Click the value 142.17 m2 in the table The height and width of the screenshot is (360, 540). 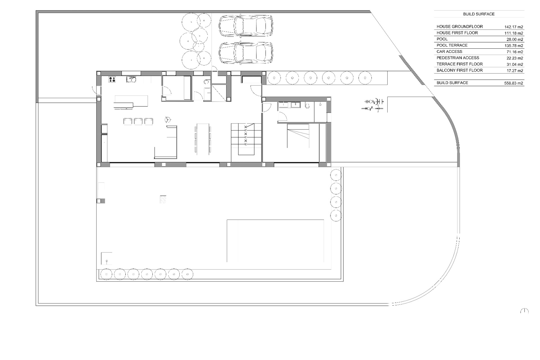[514, 27]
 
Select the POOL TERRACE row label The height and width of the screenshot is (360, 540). [452, 45]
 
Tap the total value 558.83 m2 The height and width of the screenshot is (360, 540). [514, 83]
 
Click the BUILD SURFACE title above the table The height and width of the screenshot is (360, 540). [479, 14]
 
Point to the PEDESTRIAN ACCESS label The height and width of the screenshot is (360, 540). [458, 58]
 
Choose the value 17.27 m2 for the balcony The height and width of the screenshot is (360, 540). [515, 71]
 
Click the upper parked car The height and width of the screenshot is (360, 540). [246, 26]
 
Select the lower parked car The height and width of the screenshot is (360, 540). [246, 53]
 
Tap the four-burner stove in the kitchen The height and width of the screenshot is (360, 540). [112, 79]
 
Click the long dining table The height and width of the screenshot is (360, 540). [202, 139]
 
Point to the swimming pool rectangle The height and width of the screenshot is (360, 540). [275, 241]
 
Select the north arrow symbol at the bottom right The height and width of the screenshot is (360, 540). [524, 311]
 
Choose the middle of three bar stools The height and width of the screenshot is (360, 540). [138, 121]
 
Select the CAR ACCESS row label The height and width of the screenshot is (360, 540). [449, 51]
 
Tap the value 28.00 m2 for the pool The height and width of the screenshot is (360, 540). [515, 40]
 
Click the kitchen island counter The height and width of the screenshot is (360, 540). [131, 101]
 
